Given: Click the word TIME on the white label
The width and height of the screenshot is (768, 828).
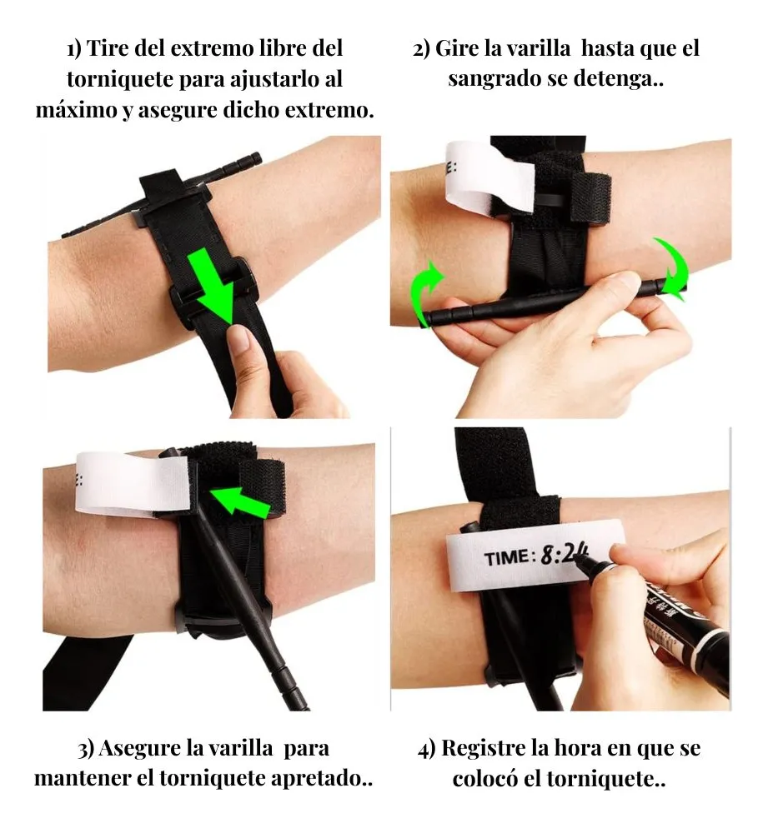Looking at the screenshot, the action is [506, 558].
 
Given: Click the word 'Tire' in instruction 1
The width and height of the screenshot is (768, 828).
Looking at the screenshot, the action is [106, 48].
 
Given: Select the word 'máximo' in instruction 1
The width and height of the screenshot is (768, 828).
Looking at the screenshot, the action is [78, 110].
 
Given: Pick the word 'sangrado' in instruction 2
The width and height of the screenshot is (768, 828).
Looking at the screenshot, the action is [494, 80].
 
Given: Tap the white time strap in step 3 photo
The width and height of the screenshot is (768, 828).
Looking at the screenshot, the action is [133, 483].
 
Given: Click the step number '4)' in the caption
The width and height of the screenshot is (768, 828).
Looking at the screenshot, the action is [427, 750].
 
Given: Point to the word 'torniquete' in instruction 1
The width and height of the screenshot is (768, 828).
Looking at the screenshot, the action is [120, 80].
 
